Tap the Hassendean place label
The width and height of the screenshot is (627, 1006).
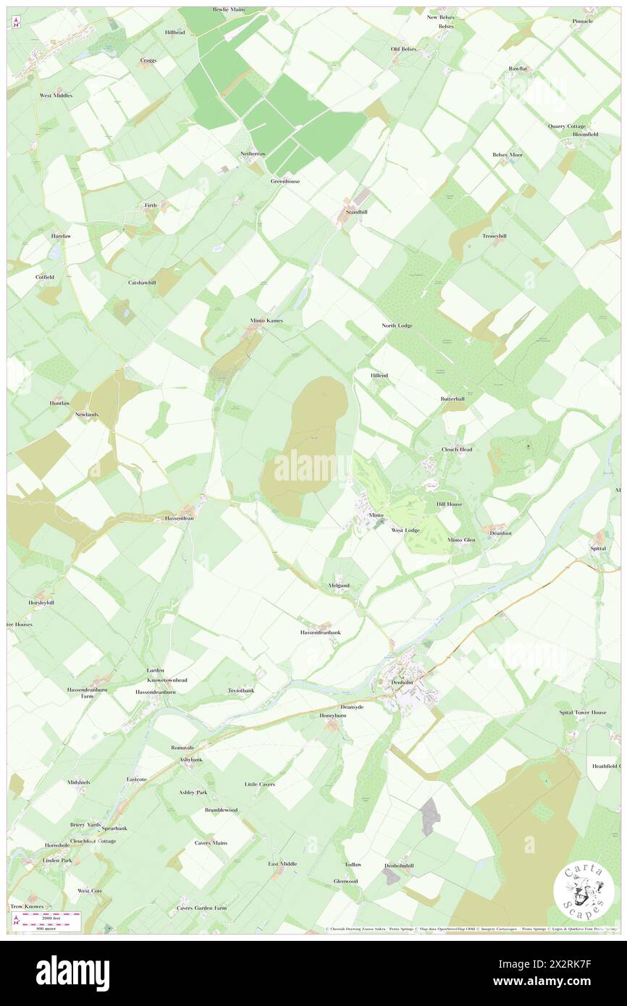click(x=177, y=519)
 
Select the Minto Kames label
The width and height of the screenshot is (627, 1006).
click(x=261, y=320)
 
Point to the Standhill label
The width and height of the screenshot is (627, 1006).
click(x=355, y=212)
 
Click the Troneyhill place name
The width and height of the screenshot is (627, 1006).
click(x=495, y=236)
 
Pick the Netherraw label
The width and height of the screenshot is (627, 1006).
click(x=253, y=154)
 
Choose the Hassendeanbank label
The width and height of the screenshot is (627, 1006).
click(x=320, y=632)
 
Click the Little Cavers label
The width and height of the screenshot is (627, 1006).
click(x=259, y=784)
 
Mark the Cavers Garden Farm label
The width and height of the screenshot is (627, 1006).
click(x=201, y=908)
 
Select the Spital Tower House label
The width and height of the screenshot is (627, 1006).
click(x=583, y=712)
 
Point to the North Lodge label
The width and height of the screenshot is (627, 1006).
click(x=397, y=326)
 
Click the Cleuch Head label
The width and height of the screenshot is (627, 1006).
click(x=457, y=449)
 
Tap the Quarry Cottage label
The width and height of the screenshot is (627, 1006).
click(x=566, y=126)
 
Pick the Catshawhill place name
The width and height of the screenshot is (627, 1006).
click(x=142, y=282)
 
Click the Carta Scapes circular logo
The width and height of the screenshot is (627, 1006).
click(x=584, y=892)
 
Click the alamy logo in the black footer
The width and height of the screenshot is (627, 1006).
click(x=72, y=973)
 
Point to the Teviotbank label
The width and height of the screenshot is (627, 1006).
click(x=241, y=690)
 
